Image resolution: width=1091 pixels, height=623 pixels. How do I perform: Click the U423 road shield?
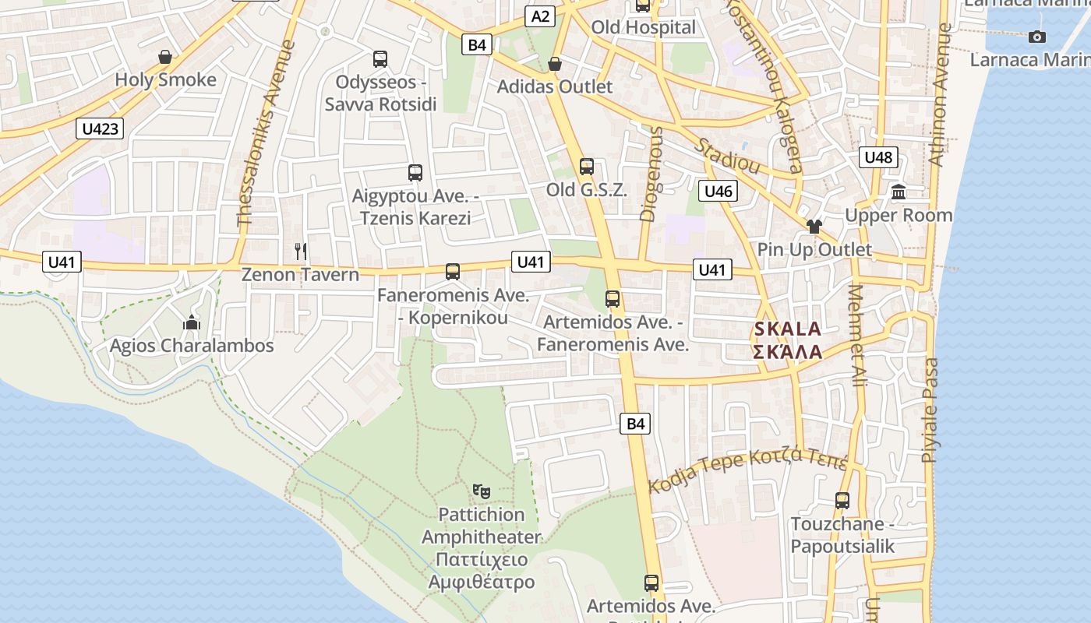click(x=101, y=128)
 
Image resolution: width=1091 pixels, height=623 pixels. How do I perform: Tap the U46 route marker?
click(x=718, y=191)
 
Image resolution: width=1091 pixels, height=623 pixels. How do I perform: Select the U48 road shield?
click(x=878, y=157)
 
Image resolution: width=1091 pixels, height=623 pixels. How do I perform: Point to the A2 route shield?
click(x=541, y=16)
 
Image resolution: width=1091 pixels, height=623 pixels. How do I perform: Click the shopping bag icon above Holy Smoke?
click(x=165, y=57)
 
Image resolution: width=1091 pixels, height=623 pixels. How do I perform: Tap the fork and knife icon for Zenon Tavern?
click(x=301, y=251)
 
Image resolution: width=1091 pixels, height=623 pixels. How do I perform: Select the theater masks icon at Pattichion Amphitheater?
click(x=482, y=491)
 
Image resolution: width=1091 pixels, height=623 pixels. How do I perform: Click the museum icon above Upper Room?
click(x=899, y=192)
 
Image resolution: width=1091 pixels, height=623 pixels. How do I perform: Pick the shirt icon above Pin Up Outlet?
click(x=814, y=227)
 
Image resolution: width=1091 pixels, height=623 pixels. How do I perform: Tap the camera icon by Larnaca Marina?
click(x=1036, y=37)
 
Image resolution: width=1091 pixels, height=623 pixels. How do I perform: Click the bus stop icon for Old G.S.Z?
click(x=587, y=166)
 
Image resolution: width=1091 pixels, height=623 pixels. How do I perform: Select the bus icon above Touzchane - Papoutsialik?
click(x=842, y=500)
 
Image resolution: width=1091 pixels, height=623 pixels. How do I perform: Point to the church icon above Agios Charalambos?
click(x=192, y=322)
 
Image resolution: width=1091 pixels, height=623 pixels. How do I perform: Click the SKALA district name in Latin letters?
click(x=788, y=329)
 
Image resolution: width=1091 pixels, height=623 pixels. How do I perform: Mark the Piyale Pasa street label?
click(x=929, y=410)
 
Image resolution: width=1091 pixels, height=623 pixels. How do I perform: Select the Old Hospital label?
click(x=643, y=27)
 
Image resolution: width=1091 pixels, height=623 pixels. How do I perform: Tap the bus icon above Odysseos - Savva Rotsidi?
click(x=380, y=58)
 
